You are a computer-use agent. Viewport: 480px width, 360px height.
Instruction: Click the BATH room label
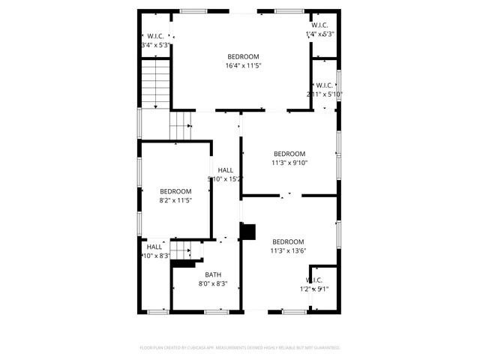click(213, 274)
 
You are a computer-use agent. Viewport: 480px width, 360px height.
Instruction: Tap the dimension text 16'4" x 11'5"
click(243, 65)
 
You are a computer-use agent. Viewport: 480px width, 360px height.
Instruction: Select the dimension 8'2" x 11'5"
click(176, 200)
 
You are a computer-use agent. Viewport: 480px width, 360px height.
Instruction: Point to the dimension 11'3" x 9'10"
click(289, 162)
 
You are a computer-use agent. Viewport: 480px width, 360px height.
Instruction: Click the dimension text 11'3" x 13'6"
click(289, 250)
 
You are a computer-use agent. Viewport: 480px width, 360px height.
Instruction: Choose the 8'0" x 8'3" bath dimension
click(213, 283)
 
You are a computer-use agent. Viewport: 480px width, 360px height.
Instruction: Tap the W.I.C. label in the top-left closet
click(156, 36)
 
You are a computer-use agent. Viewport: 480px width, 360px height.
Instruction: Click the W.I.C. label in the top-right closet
click(320, 25)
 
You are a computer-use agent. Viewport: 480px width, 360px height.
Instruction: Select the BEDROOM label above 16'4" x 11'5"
click(243, 56)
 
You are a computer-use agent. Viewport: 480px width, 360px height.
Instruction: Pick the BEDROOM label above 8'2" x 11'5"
click(176, 191)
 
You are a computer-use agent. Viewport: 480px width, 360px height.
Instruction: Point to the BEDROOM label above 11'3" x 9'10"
click(289, 153)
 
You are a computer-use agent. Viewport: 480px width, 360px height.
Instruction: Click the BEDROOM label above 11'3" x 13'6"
click(289, 241)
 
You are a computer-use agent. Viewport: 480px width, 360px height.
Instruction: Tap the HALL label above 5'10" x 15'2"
click(225, 170)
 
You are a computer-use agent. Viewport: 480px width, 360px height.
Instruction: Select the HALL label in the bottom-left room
click(154, 247)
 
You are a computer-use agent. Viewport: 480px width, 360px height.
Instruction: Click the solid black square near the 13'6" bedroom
click(248, 232)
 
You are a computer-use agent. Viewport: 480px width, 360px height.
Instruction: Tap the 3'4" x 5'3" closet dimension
click(155, 45)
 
